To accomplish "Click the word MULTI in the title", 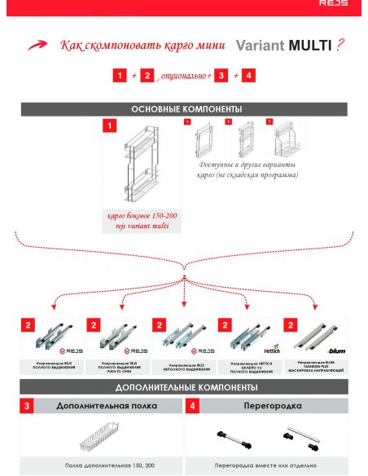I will click(310, 46).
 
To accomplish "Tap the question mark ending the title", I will click(340, 46).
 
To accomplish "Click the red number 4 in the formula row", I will click(248, 75).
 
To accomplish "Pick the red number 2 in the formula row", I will click(147, 75).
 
